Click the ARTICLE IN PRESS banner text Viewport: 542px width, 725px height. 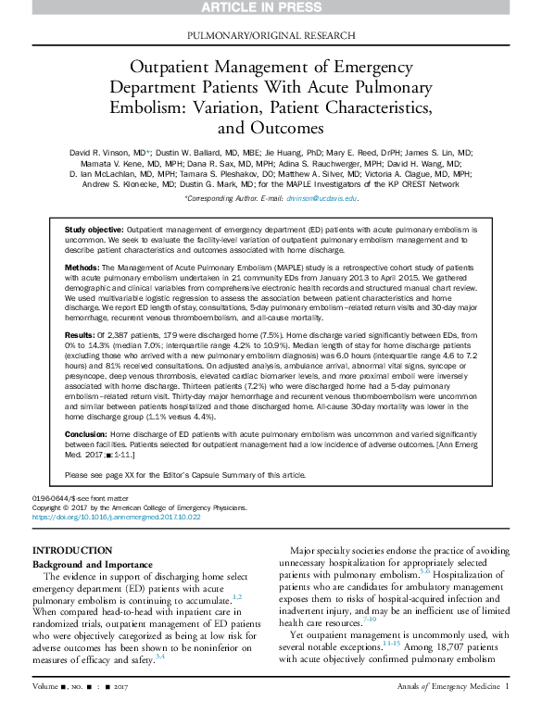(271, 6)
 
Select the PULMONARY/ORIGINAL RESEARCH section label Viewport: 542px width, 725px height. (271, 35)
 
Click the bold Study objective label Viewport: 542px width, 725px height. (94, 228)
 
